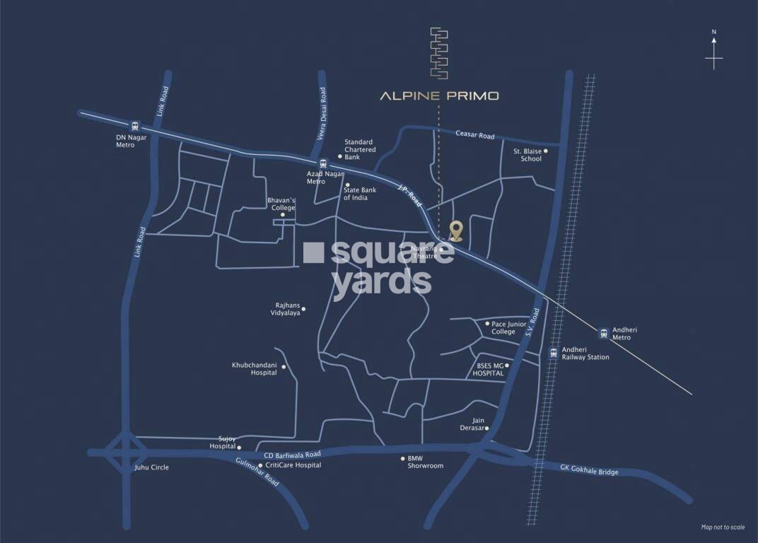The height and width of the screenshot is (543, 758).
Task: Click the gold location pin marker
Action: (x=456, y=230)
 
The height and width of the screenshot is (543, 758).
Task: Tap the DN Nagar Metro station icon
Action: (x=135, y=125)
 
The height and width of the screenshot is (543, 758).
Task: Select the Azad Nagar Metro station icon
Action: (x=323, y=163)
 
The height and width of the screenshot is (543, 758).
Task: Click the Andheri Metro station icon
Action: (x=603, y=332)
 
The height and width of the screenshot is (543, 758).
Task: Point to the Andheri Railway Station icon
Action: (x=553, y=352)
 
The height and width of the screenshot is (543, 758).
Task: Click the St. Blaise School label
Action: (x=527, y=155)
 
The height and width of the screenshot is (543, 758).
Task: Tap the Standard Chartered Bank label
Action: (x=359, y=149)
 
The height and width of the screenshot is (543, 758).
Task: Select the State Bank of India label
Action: (x=360, y=194)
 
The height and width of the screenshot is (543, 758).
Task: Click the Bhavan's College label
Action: (x=281, y=204)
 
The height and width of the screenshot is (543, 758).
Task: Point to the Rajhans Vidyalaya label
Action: (x=288, y=309)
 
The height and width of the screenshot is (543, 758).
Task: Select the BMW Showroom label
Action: (x=425, y=462)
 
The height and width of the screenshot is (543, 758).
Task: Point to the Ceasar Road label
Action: (x=474, y=135)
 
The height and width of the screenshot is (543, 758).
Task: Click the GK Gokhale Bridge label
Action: (x=589, y=472)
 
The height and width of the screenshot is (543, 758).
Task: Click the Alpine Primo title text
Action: (x=439, y=95)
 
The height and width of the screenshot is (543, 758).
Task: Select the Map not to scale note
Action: (x=723, y=527)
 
